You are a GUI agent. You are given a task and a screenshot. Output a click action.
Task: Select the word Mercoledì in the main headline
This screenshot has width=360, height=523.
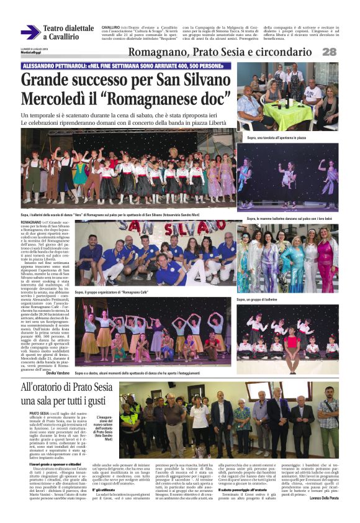(59, 99)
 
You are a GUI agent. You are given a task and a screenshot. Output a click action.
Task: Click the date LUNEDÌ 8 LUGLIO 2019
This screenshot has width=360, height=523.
(32, 48)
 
